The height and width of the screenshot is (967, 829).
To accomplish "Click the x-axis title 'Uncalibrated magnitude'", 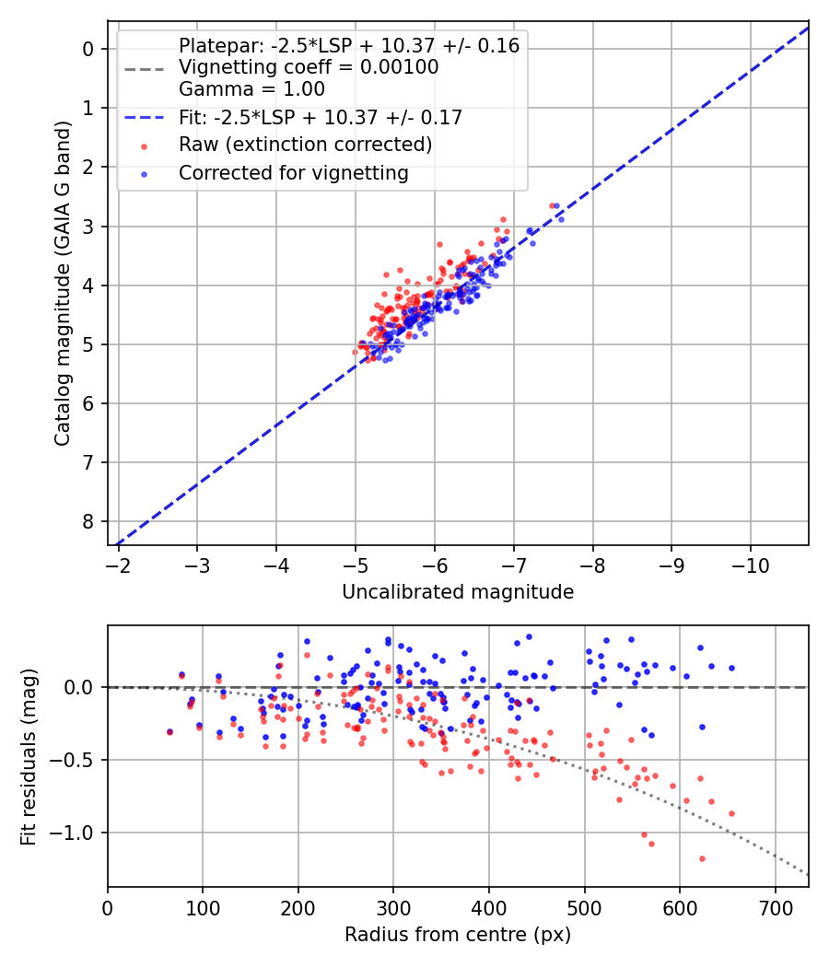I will (458, 592).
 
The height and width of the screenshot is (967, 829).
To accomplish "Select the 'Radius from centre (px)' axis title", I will (458, 935).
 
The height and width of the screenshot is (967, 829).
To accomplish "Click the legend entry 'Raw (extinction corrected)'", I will (305, 145).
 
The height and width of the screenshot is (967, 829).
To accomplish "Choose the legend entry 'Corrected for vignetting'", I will (294, 173).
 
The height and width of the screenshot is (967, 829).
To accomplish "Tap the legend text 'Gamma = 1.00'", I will (251, 89).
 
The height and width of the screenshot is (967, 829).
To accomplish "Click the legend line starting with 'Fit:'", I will (321, 117).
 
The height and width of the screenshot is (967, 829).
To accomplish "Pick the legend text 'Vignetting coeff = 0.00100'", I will (309, 67).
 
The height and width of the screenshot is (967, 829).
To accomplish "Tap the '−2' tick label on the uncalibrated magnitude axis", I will (118, 563).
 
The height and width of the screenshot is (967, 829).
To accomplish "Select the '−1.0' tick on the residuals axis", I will (79, 833).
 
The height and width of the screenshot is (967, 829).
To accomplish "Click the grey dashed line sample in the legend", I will (145, 68).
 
